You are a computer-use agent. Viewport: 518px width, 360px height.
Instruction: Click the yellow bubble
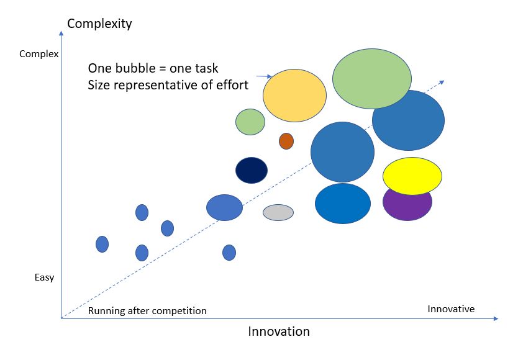coord(412,176)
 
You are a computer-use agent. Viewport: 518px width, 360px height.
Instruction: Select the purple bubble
coord(407,207)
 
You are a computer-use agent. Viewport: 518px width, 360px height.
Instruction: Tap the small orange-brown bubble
coord(286,141)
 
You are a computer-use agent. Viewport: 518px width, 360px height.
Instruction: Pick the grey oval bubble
coord(278,212)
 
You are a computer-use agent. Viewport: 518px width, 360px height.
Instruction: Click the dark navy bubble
coord(252,170)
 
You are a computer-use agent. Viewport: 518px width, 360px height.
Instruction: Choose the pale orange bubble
coord(294,96)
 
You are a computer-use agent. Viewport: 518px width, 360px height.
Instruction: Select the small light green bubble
coord(250,122)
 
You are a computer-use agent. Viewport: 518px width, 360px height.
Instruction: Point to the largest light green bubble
coord(371,79)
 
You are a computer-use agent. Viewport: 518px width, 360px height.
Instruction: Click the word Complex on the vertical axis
coord(39,54)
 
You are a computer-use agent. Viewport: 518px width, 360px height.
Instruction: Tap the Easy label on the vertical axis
coord(44,277)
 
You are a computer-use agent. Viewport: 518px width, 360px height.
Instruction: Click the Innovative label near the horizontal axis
coord(451,309)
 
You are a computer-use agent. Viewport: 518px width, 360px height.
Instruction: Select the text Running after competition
coord(147,311)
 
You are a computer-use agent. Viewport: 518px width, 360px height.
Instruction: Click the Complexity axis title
coord(99,24)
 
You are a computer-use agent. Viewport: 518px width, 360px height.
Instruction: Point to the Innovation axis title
coord(279,331)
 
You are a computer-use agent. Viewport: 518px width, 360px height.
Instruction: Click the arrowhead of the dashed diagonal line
coord(442,82)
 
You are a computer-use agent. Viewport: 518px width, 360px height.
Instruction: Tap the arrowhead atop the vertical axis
coord(61,33)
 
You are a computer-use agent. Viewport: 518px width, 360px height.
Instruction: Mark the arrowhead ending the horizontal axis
coord(496,318)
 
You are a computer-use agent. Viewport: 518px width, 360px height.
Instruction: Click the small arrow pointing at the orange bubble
coord(264,76)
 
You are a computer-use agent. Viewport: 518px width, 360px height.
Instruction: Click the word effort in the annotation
coord(232,85)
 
